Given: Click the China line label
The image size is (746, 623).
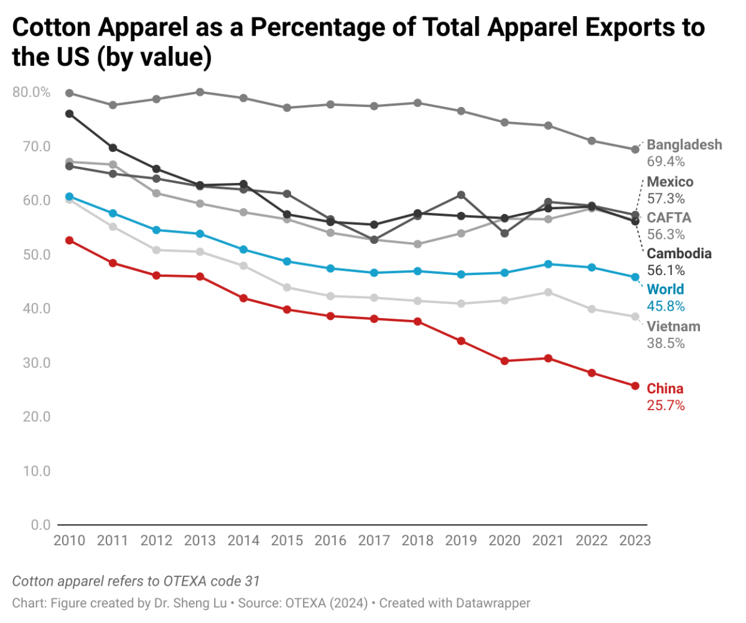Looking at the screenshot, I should pyautogui.click(x=665, y=389).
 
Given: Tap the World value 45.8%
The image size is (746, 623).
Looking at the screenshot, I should pyautogui.click(x=666, y=306).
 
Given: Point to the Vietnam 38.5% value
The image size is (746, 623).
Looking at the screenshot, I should pyautogui.click(x=666, y=343).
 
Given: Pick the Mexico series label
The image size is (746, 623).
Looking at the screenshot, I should pyautogui.click(x=670, y=182).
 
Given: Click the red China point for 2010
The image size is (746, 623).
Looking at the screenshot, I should pyautogui.click(x=70, y=240).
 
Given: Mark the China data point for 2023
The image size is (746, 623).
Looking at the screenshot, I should pyautogui.click(x=635, y=386).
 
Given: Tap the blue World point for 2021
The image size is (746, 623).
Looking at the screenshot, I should pyautogui.click(x=548, y=264).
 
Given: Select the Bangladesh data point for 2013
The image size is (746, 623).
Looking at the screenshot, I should pyautogui.click(x=200, y=92).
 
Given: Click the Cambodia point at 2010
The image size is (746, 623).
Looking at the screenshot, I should pyautogui.click(x=70, y=114).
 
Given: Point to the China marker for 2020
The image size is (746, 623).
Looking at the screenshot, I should pyautogui.click(x=505, y=361).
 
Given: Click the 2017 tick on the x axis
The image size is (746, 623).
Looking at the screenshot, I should pyautogui.click(x=374, y=540).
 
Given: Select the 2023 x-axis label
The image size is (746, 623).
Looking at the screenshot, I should pyautogui.click(x=635, y=540).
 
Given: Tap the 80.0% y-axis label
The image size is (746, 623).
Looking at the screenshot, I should pyautogui.click(x=30, y=92).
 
